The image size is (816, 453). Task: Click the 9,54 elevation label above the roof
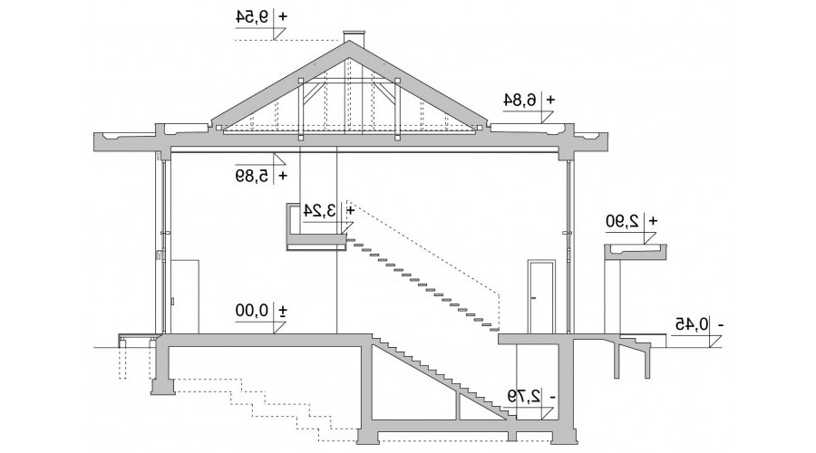point(255,16)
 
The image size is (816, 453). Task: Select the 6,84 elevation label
point(520,100)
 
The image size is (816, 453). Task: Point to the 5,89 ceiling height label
point(253,176)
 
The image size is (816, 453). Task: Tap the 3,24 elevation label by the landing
point(320,210)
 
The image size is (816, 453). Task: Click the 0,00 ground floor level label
point(252,311)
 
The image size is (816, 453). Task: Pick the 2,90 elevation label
point(622,220)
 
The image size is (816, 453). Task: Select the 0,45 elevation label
point(692,324)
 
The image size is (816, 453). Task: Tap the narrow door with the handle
point(541,296)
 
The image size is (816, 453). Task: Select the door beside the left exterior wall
point(184,296)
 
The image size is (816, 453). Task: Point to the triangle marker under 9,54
point(279,34)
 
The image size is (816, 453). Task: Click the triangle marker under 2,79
point(547,413)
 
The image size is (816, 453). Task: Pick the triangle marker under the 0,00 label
point(279,327)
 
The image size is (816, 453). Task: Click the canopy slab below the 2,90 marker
point(636,251)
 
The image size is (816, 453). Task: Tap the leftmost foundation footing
point(162,387)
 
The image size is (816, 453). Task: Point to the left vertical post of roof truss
point(300,110)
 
